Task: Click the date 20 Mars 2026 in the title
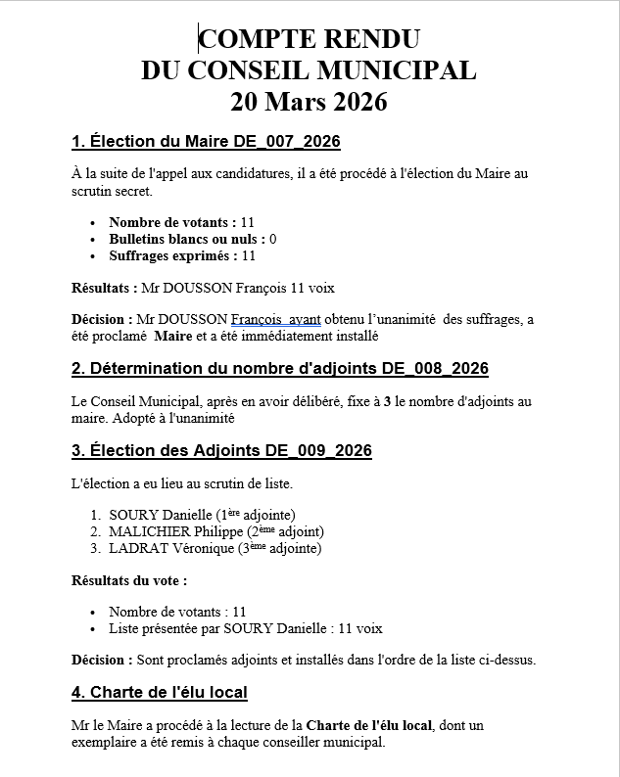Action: coord(309,101)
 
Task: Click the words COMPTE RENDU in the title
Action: coord(310,39)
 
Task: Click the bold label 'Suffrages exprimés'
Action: coord(170,255)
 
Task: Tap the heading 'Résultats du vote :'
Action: coord(129,579)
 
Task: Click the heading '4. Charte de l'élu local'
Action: coord(159,693)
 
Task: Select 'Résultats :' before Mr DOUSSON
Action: coord(104,289)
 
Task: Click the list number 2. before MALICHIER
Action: coord(95,531)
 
